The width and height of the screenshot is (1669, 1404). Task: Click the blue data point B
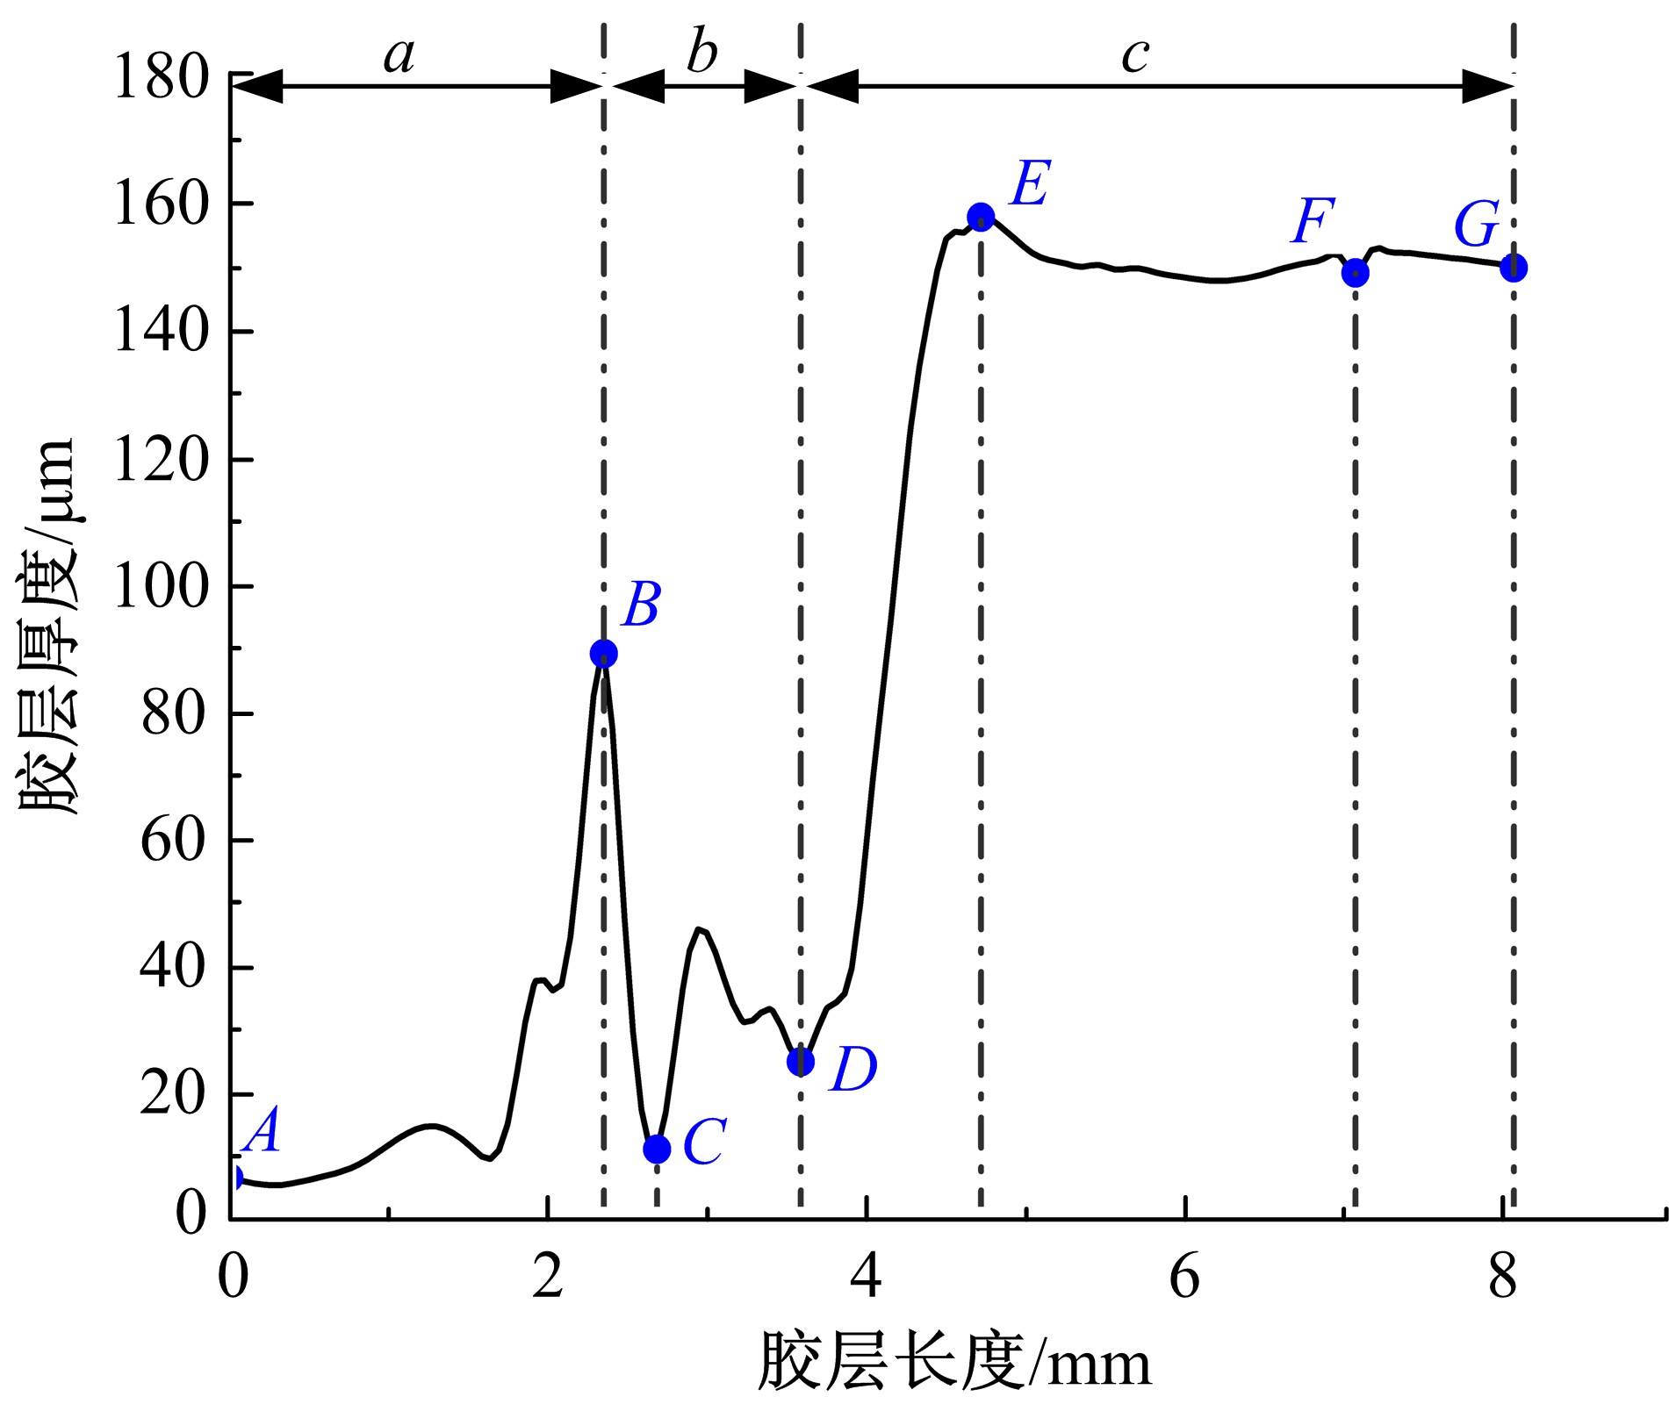point(603,653)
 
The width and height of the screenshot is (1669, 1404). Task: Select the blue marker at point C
point(657,1149)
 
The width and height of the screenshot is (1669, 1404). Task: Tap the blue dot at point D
point(800,1062)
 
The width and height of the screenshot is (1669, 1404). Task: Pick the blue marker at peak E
point(981,217)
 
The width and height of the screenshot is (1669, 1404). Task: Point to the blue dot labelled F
point(1356,273)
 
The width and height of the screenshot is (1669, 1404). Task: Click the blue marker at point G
point(1514,268)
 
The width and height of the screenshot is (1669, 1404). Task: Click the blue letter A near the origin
point(263,1130)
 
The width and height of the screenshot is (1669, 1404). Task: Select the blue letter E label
point(1030,184)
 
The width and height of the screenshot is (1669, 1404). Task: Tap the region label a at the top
point(399,54)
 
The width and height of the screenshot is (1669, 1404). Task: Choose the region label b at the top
point(701,53)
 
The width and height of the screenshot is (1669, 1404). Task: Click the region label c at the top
point(1135,55)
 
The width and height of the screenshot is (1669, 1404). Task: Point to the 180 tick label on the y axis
point(162,77)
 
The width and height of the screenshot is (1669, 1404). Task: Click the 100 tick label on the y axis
point(162,586)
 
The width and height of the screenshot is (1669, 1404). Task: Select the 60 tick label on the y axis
point(174,840)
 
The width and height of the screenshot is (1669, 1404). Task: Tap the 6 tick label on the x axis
point(1184,1278)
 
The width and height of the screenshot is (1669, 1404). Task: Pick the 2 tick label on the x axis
point(548,1278)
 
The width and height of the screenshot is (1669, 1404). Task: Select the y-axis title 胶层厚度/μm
point(48,627)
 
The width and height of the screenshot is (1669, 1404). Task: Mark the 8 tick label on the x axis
point(1502,1278)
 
